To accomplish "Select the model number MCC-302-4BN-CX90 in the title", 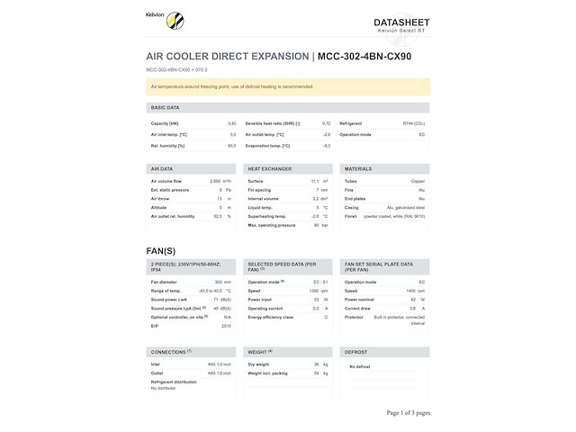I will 364,57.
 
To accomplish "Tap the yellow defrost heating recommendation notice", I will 287,86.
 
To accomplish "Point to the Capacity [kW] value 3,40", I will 231,123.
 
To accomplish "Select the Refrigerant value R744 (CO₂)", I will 413,123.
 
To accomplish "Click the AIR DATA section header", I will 162,168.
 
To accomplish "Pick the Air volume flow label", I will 166,181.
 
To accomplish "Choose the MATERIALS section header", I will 358,168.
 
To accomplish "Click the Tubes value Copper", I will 418,181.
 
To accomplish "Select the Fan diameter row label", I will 166,282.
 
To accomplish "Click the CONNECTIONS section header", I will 170,351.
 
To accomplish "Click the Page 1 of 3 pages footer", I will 408,412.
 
